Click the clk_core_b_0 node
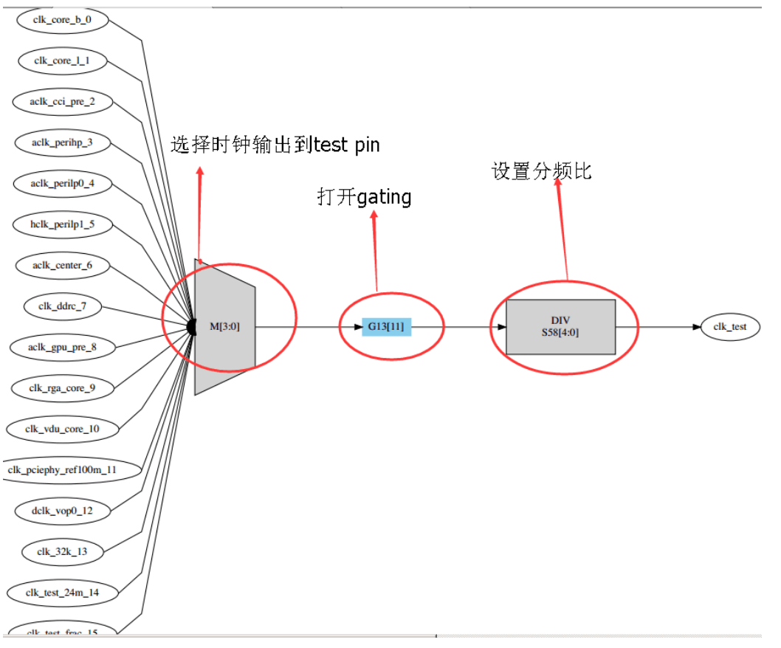coord(62,20)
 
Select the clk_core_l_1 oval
coord(62,61)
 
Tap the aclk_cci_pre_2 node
coord(62,101)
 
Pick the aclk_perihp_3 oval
coord(62,142)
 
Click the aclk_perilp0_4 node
coord(62,184)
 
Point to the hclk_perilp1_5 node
coord(62,224)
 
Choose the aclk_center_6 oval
coord(62,265)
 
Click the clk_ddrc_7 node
coord(62,306)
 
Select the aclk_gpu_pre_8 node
coord(62,347)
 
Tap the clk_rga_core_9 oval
coord(62,387)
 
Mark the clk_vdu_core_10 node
coord(62,428)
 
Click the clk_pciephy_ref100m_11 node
coord(62,469)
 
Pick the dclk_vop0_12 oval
coord(62,510)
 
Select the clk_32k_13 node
coord(62,551)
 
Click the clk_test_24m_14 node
coord(62,591)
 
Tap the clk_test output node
coord(730,327)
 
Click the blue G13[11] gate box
coord(386,327)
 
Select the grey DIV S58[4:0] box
coord(560,327)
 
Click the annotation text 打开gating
coord(364,197)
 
